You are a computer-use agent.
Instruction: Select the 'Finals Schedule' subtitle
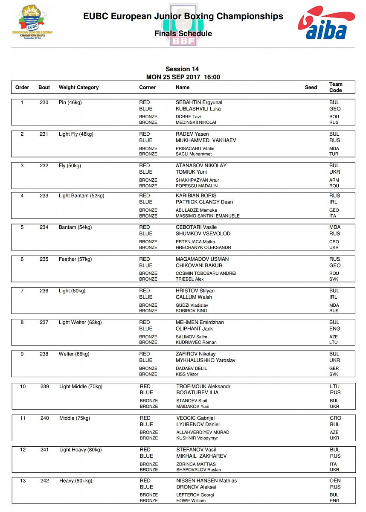click(x=183, y=33)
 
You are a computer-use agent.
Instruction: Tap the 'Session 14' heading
click(x=182, y=69)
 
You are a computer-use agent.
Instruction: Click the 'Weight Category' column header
click(x=78, y=87)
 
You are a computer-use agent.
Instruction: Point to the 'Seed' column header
click(x=311, y=87)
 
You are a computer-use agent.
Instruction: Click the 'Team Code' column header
click(x=336, y=87)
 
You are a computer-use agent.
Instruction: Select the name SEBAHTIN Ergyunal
click(x=199, y=102)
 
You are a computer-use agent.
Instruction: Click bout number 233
click(x=44, y=196)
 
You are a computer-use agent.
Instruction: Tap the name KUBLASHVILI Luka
click(x=197, y=109)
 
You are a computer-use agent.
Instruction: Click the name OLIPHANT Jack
click(x=194, y=329)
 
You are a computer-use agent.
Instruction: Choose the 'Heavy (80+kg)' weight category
click(x=76, y=481)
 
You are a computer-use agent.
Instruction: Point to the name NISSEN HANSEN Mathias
click(x=206, y=481)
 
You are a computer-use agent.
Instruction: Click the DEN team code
click(x=335, y=481)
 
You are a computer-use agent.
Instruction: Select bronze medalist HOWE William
click(x=191, y=500)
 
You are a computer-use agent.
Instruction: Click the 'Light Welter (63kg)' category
click(x=80, y=323)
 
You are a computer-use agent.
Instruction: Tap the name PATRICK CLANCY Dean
click(x=204, y=202)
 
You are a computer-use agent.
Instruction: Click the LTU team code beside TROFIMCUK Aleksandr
click(x=335, y=387)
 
